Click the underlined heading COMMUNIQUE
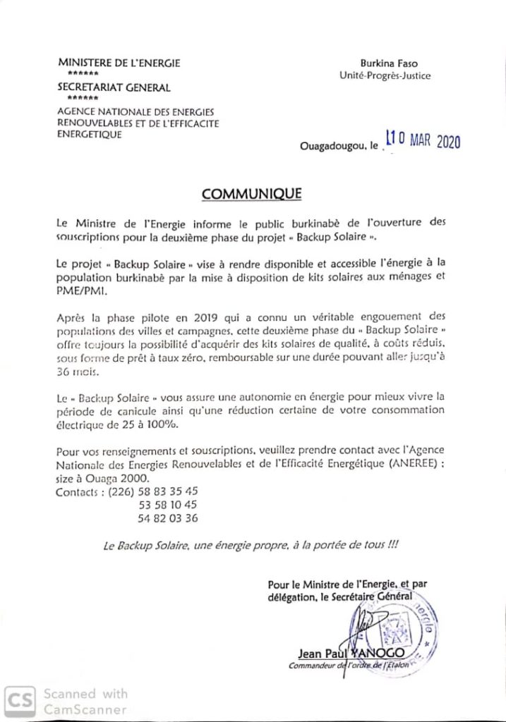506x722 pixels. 252,192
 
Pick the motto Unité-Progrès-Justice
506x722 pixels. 394,75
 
